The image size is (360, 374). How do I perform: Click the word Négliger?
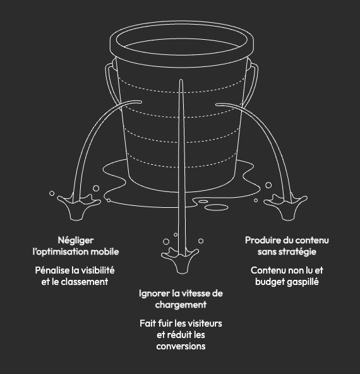(76, 241)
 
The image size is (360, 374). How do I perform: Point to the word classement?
(85, 282)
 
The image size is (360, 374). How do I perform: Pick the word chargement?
(181, 305)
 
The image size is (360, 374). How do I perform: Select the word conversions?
(181, 346)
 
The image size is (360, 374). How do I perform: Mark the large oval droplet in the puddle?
(217, 207)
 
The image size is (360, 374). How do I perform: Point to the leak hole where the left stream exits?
(139, 102)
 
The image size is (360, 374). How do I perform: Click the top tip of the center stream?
(181, 80)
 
